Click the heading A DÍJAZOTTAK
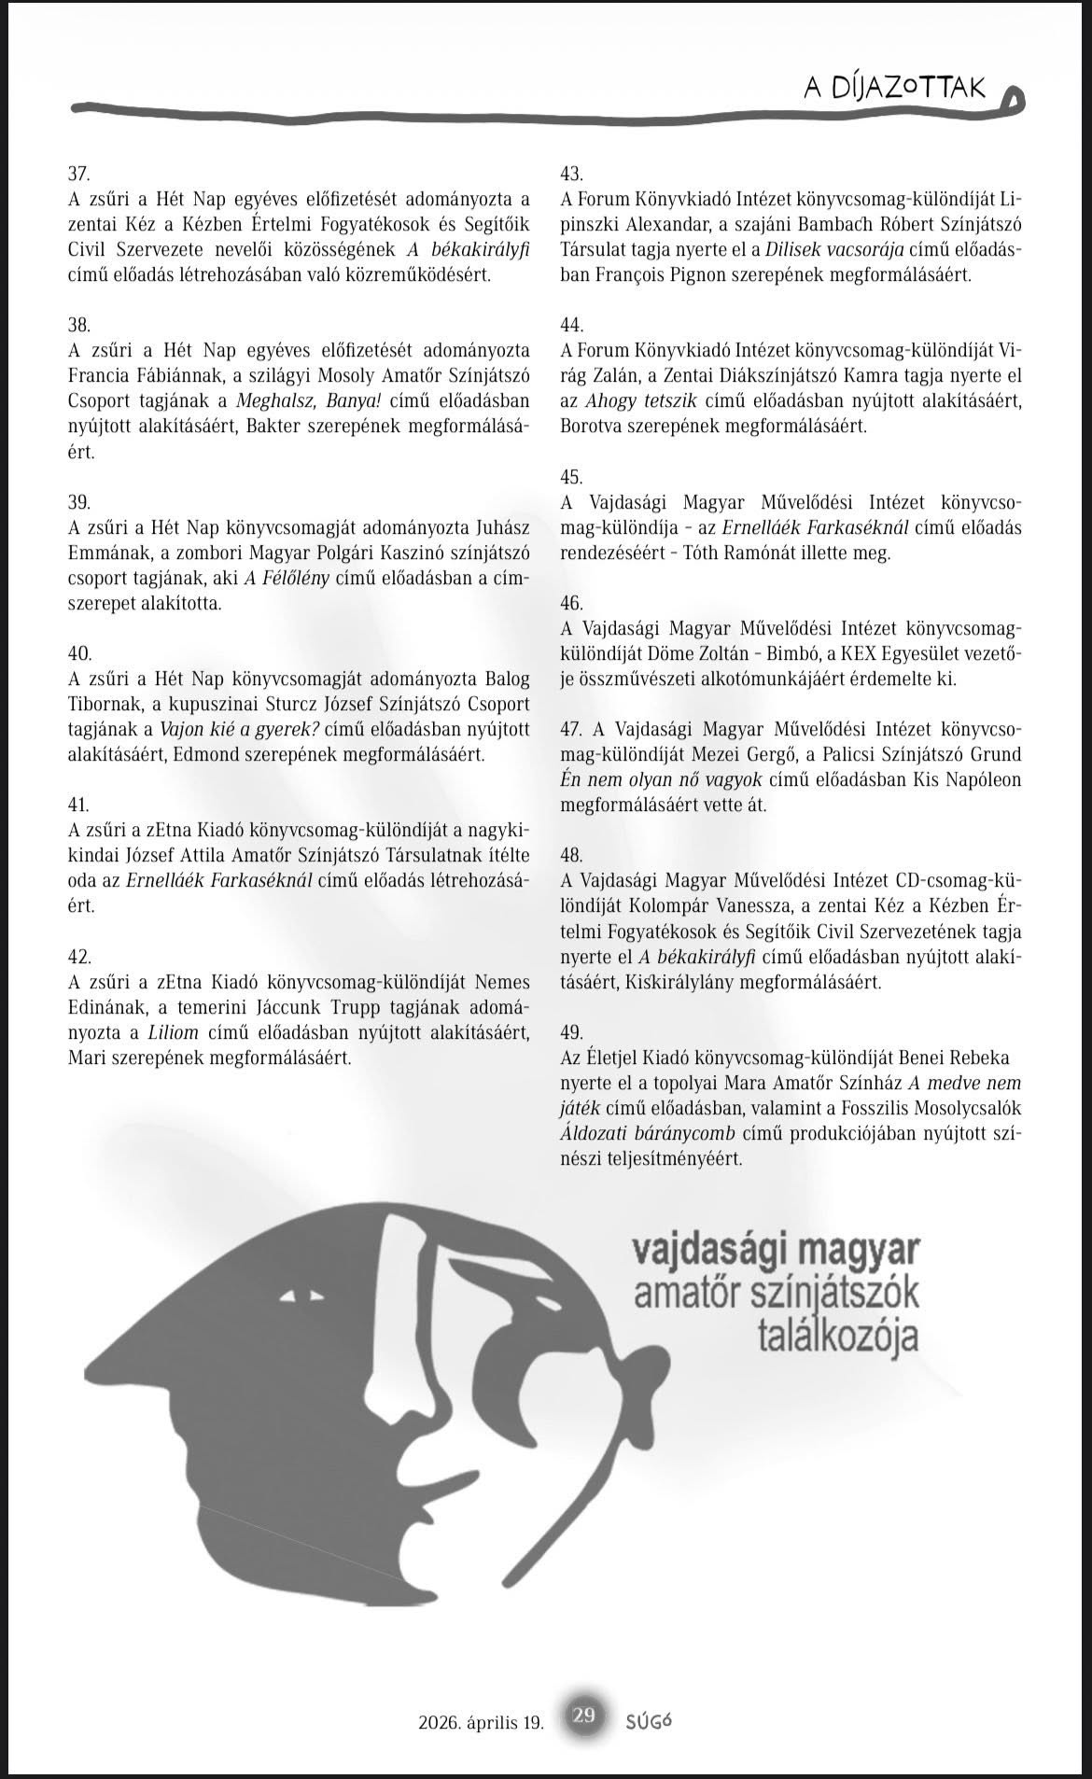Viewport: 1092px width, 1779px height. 895,88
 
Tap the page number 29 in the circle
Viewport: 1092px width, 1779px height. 584,1716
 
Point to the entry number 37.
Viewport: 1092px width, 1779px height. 79,174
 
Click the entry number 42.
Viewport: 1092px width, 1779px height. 80,957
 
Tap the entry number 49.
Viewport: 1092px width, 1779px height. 571,1032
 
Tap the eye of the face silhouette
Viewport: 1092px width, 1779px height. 297,1297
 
